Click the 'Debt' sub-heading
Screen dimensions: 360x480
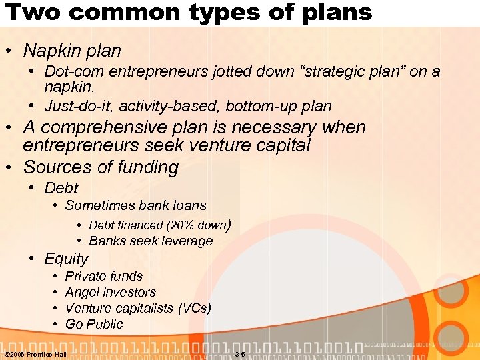(61, 189)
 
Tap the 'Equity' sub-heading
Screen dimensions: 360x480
(66, 259)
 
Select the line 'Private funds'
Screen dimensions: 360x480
(104, 276)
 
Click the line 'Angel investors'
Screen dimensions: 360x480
(111, 292)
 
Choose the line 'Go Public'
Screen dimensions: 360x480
(94, 324)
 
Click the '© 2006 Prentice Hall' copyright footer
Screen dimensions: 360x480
(35, 353)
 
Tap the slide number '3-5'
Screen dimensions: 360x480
(240, 353)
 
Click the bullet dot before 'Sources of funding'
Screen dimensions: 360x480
(11, 168)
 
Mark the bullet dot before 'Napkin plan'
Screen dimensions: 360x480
(11, 51)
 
